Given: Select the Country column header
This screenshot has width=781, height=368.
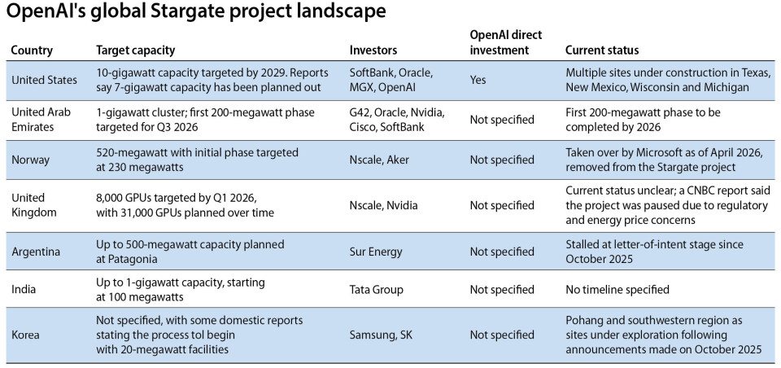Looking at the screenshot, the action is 32,50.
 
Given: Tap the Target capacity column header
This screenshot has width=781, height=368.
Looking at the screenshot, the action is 136,50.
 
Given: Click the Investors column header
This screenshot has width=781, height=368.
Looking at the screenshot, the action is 373,50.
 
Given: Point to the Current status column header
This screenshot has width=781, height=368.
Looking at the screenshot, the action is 602,50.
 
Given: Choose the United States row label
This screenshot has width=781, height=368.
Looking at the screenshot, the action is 44,80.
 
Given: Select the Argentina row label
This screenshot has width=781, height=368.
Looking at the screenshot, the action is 35,252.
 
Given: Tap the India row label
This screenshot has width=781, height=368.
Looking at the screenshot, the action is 24,289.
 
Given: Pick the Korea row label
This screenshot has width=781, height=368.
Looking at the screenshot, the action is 24,335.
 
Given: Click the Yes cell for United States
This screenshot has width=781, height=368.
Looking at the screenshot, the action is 478,80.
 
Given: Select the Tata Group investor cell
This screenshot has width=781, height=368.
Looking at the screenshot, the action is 377,289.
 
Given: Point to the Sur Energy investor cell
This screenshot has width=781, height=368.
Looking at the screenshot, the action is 375,252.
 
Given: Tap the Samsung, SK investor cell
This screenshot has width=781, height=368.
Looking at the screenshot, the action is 381,335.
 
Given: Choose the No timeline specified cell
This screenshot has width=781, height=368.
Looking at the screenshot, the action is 617,289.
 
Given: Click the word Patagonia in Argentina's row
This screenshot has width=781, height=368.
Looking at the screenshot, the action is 132,258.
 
